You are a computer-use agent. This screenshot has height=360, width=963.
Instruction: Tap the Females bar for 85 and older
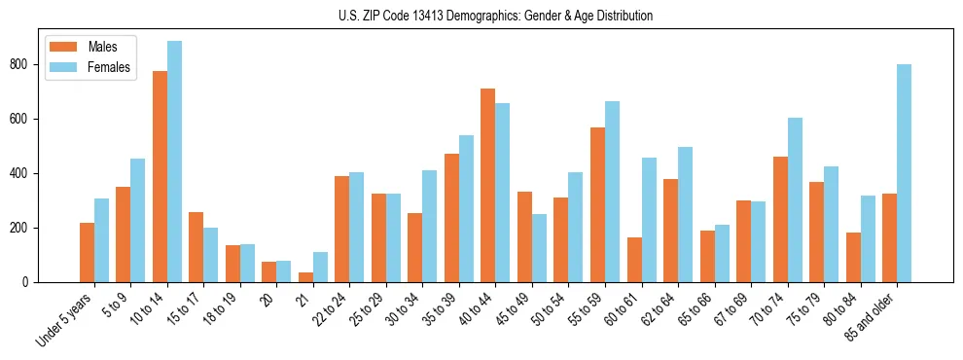pos(904,173)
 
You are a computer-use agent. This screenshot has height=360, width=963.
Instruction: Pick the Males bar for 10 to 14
pos(160,177)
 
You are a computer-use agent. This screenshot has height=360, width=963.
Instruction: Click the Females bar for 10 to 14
pos(174,162)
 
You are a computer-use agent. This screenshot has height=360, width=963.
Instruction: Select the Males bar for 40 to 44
pos(488,186)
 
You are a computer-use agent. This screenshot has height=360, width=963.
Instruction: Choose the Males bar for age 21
pos(305,277)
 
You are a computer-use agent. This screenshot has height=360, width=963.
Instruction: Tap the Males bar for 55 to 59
pos(597,205)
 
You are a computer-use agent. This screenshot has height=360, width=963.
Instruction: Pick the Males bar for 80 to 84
pos(853,258)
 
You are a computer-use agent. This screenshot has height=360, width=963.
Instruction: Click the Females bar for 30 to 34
pos(430,227)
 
